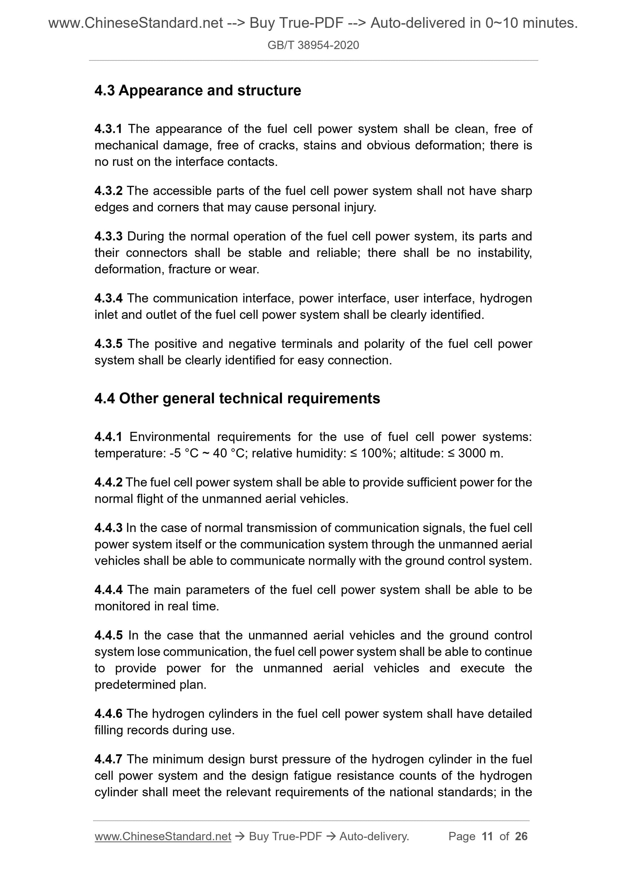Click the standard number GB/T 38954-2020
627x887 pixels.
click(x=313, y=45)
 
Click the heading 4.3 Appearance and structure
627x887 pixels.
click(x=198, y=91)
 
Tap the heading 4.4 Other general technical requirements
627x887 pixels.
click(x=237, y=398)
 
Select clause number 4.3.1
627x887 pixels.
click(x=108, y=129)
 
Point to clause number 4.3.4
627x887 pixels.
click(x=108, y=298)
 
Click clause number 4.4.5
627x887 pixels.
click(x=108, y=635)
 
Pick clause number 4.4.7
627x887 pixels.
click(x=108, y=759)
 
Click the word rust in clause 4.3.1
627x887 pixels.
click(x=122, y=162)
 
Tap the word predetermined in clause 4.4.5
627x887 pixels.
click(x=135, y=685)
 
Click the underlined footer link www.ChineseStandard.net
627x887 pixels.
click(x=163, y=836)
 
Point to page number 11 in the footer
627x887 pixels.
click(x=487, y=836)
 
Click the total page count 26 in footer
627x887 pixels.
click(x=521, y=836)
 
